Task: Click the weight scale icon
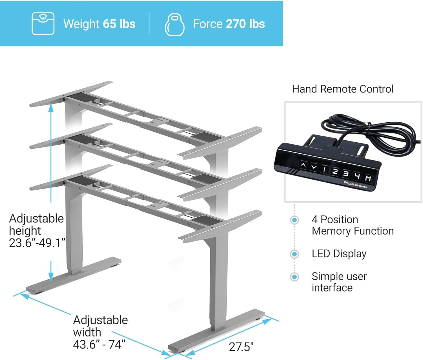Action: point(43,23)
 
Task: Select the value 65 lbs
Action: point(119,24)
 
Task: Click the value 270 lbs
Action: point(245,24)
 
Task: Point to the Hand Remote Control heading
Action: point(343,89)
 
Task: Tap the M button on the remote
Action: point(368,178)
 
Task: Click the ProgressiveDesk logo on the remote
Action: point(355,185)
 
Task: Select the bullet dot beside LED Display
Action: point(294,254)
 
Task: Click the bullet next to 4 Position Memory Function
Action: point(294,220)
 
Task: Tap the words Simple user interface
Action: point(339,282)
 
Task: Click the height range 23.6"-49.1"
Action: point(37,243)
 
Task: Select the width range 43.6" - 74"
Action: point(99,344)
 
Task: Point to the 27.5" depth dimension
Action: point(241,347)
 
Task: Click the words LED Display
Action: point(339,254)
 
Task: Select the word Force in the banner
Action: point(208,24)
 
